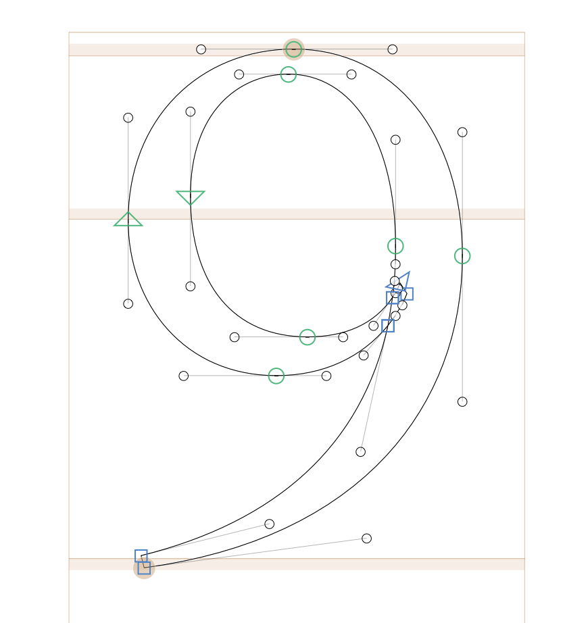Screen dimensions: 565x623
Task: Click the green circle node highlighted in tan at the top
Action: (x=293, y=49)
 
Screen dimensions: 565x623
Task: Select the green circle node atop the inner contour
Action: (x=289, y=74)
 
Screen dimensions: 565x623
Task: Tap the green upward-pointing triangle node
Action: (x=128, y=220)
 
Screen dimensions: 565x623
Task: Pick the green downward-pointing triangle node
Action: (x=191, y=197)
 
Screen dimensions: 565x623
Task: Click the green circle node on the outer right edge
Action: (x=462, y=256)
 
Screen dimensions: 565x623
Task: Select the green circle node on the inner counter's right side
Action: (x=396, y=246)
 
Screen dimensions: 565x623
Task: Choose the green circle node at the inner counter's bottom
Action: (x=307, y=337)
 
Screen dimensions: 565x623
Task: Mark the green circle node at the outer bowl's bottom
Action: (x=276, y=376)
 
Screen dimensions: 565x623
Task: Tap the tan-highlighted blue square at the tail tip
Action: (x=144, y=568)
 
